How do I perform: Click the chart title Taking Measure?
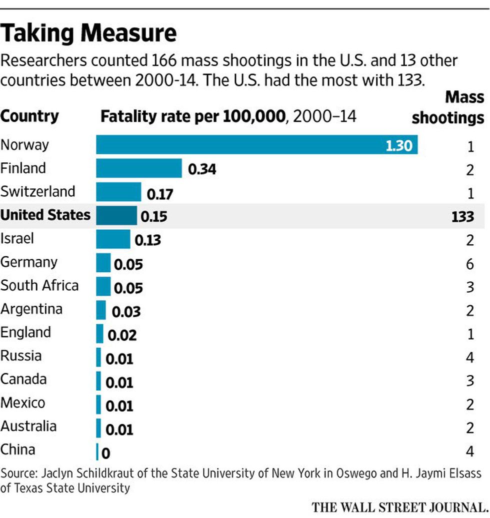click(88, 33)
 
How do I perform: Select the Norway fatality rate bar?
click(256, 145)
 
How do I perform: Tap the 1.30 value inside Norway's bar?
click(398, 145)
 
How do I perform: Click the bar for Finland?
click(139, 168)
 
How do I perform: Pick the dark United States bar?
click(116, 215)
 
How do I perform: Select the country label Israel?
click(17, 238)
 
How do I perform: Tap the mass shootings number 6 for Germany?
click(469, 263)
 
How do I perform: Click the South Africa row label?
click(39, 285)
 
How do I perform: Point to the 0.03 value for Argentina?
click(126, 312)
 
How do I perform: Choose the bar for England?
click(99, 333)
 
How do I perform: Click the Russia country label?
click(20, 356)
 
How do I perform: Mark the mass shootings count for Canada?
click(469, 381)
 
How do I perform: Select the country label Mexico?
click(22, 403)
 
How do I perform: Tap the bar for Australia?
click(98, 427)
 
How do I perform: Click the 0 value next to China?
click(105, 454)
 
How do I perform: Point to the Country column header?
click(29, 116)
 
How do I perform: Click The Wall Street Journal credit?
click(399, 507)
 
